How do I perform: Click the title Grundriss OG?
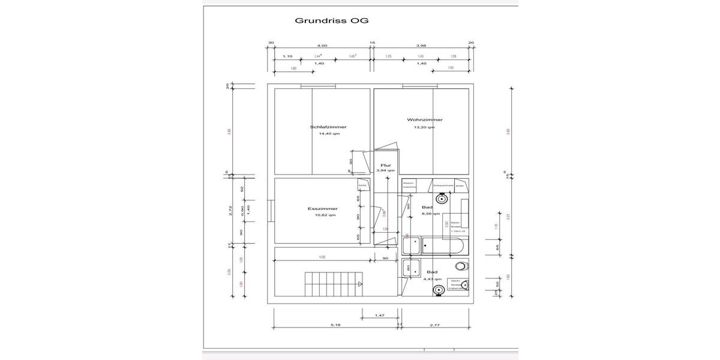pyautogui.click(x=331, y=20)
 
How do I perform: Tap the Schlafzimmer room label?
pyautogui.click(x=328, y=127)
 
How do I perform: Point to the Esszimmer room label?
pyautogui.click(x=322, y=209)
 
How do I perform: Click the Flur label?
pyautogui.click(x=386, y=165)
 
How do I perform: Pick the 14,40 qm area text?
pyautogui.click(x=329, y=134)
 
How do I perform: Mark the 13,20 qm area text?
pyautogui.click(x=428, y=127)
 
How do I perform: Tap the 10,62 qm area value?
pyautogui.click(x=326, y=215)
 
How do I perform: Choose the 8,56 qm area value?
pyautogui.click(x=430, y=214)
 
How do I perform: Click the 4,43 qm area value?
pyautogui.click(x=432, y=279)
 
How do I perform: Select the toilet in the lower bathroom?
pyautogui.click(x=462, y=266)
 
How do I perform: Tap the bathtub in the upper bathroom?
pyautogui.click(x=442, y=245)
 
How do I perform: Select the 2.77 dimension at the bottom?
pyautogui.click(x=435, y=324)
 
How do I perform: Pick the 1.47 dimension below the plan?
pyautogui.click(x=379, y=314)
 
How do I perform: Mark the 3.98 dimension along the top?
pyautogui.click(x=421, y=46)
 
